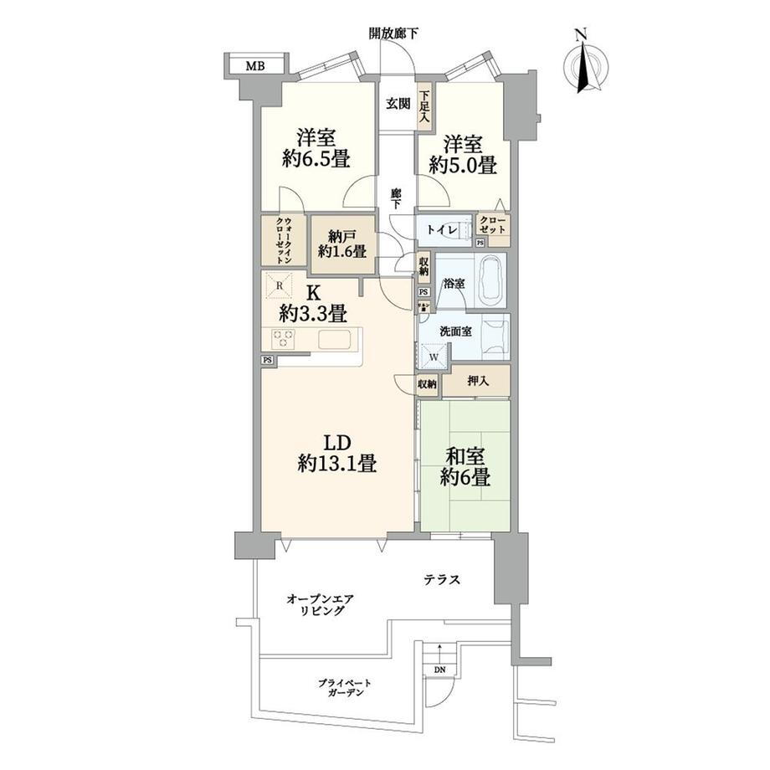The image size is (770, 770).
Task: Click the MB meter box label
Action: [x=255, y=65]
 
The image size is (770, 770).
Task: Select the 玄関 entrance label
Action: [x=398, y=104]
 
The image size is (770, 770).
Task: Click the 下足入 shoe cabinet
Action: [x=424, y=107]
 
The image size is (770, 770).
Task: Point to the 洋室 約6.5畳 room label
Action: [x=316, y=148]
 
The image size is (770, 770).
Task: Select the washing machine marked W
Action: [x=434, y=355]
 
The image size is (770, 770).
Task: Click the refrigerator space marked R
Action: [x=279, y=285]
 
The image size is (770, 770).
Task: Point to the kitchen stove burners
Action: [x=283, y=339]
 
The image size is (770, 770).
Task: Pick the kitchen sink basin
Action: [x=335, y=339]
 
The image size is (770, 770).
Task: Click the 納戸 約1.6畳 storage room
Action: [x=343, y=244]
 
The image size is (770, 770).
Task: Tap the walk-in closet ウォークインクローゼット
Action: [x=285, y=241]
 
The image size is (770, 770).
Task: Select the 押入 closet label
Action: [x=478, y=380]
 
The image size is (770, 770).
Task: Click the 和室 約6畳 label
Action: [x=465, y=467]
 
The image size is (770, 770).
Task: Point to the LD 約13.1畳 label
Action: [x=336, y=454]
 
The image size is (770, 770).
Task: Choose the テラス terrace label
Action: [x=442, y=580]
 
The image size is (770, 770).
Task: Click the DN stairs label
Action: [x=440, y=670]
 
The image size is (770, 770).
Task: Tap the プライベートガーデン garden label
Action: [x=345, y=687]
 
